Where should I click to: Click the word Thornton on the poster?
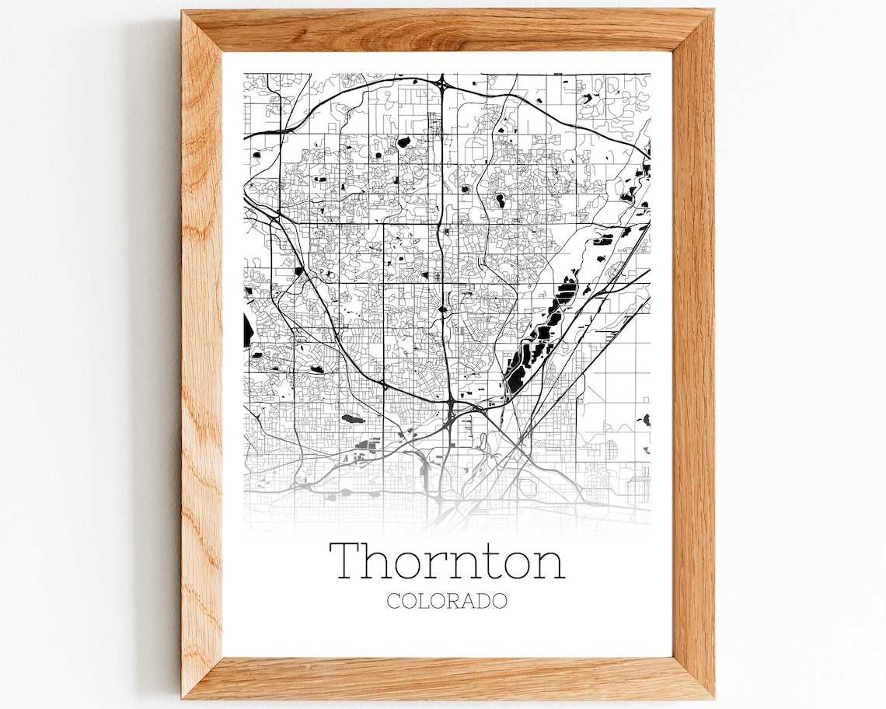coord(447,561)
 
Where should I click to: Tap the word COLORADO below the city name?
coord(447,601)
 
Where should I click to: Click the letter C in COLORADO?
coord(392,601)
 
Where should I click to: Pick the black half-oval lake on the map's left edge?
coord(248,330)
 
